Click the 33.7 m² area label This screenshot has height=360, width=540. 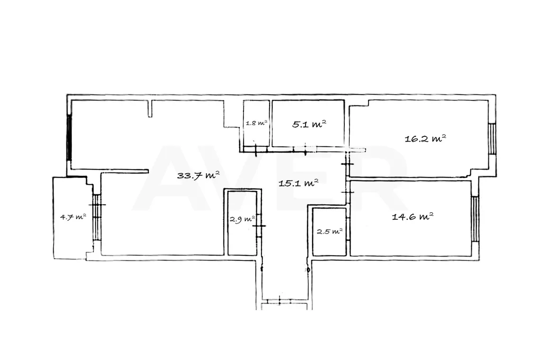pos(198,175)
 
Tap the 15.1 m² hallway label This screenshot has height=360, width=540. pos(298,182)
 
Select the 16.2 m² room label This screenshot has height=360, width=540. pos(425,138)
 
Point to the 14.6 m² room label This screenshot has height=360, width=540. pos(413,216)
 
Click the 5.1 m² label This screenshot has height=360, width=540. pos(309,124)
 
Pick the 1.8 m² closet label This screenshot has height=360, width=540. pos(257,123)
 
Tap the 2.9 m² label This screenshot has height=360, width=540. pos(243,219)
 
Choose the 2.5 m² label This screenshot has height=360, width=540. pos(330,232)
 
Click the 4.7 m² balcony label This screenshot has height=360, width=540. pos(73,217)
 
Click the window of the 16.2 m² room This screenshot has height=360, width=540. pos(493,138)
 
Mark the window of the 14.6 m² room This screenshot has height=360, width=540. pos(475,218)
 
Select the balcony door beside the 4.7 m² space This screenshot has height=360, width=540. pos(97,217)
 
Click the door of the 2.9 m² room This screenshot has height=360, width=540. pos(259,225)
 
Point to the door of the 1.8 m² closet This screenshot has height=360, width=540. pos(256,150)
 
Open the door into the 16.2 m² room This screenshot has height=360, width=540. pos(348,164)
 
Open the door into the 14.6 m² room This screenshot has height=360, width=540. pos(348,192)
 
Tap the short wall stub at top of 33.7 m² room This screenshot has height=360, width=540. pos(150,108)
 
